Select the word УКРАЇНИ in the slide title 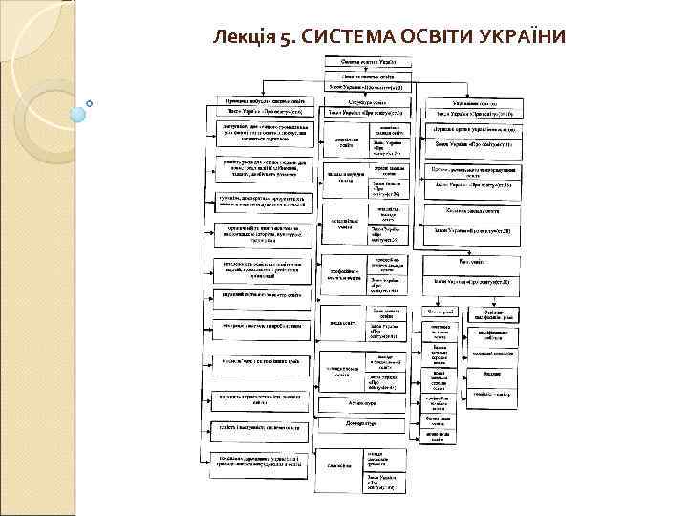(521, 37)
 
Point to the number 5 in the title (284, 37)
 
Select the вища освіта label (343, 322)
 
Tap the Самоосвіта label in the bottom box (339, 465)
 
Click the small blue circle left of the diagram (89, 101)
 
